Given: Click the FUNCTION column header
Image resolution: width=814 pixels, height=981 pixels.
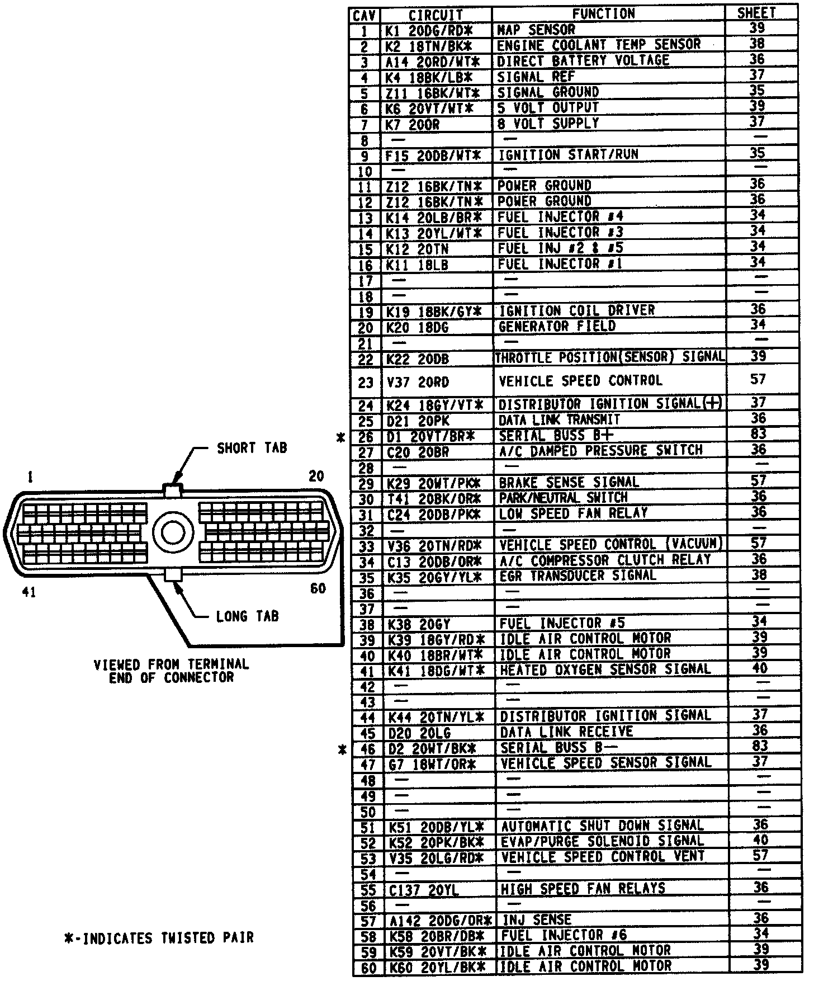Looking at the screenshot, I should tap(604, 14).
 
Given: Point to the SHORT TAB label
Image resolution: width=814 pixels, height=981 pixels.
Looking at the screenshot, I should tap(252, 448).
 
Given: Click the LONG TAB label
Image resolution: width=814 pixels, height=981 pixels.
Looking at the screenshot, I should tap(247, 616).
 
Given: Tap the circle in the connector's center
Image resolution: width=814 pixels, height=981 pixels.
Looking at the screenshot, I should tap(173, 531).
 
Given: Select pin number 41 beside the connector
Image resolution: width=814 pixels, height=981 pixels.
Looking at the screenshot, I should tap(29, 592).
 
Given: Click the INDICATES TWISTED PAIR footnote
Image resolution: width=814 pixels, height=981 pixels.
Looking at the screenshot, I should tap(159, 937).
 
